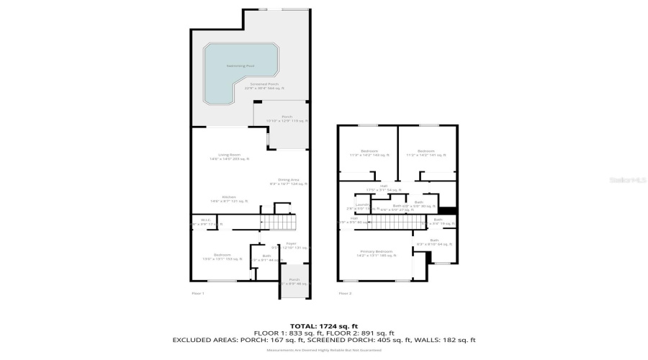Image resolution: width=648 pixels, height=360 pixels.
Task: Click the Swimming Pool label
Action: [x=240, y=66]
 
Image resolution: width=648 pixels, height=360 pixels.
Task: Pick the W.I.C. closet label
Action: [x=204, y=222]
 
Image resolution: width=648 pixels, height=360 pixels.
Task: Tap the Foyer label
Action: [x=291, y=243]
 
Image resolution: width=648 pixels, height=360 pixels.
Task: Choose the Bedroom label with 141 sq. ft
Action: [x=426, y=153]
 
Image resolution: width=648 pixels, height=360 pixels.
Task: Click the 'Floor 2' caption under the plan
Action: [x=345, y=293]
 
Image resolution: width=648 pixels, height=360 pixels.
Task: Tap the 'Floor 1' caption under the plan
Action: [x=198, y=293]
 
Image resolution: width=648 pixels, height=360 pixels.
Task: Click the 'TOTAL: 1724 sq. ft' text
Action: [x=324, y=326]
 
